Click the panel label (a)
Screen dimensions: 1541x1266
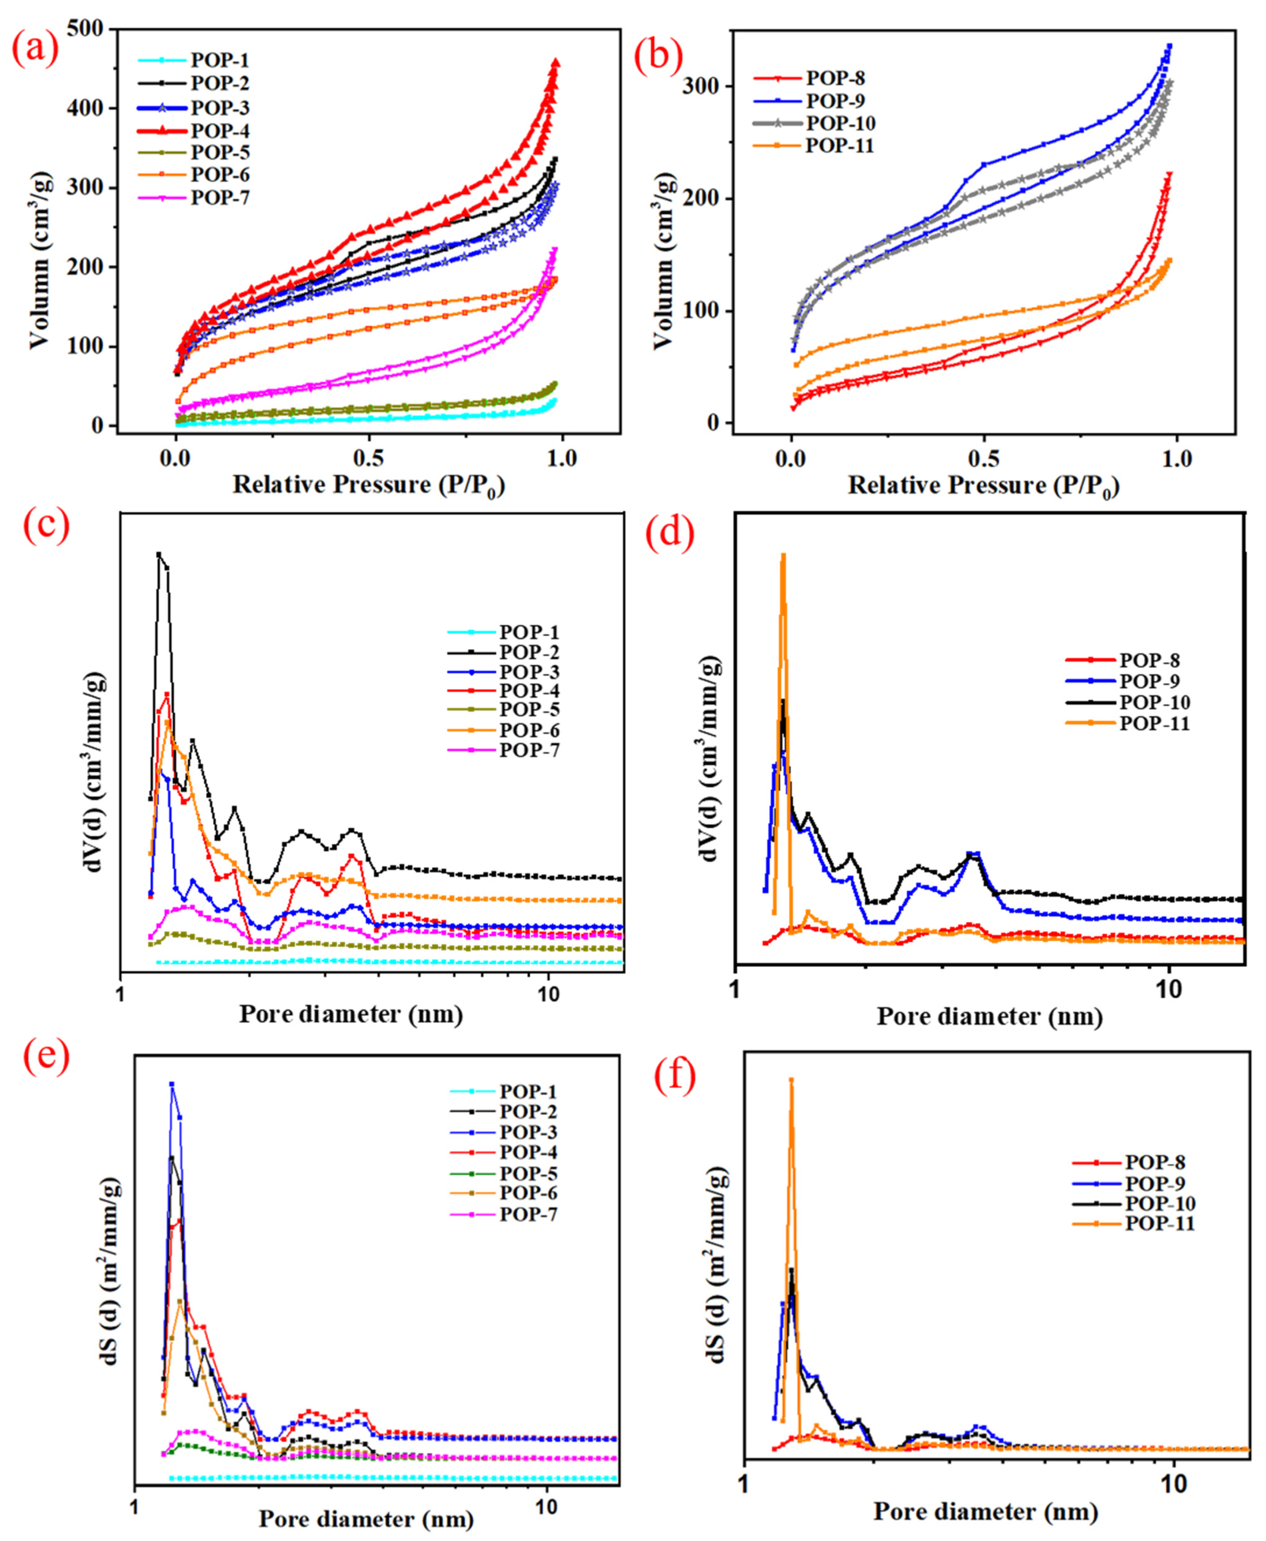34,51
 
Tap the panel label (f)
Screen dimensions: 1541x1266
674,1076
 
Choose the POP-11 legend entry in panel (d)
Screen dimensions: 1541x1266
1154,723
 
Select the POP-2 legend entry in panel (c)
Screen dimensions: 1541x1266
529,652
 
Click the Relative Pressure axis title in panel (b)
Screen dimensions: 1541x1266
983,486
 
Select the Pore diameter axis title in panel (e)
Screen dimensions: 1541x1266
366,1518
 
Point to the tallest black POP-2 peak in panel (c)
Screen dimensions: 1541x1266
159,554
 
